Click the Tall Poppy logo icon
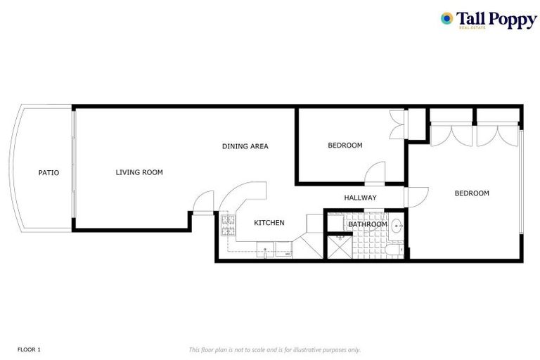pos(446,18)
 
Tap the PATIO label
pos(49,172)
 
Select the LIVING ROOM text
pos(139,172)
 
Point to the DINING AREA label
pos(245,146)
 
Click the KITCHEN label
pos(269,223)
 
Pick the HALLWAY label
pos(360,198)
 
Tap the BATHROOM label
pos(367,224)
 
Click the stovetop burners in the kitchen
pos(228,224)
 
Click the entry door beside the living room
pos(203,202)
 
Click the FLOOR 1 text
pos(29,349)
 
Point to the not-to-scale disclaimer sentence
pos(274,349)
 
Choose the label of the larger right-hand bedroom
pos(471,193)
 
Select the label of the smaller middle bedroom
pos(345,146)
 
